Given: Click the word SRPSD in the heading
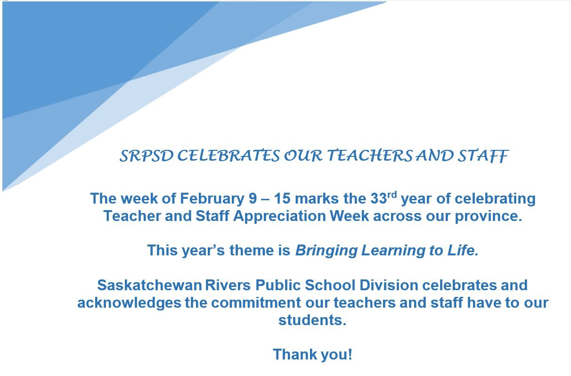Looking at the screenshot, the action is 147,155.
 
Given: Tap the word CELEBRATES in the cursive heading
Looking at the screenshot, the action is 228,155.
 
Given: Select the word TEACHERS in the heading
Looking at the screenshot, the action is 370,155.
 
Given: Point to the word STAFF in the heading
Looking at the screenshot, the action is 483,156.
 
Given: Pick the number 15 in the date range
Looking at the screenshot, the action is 282,198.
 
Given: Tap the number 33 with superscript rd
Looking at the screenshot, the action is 383,198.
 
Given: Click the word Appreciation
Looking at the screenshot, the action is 280,217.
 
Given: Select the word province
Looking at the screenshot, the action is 489,216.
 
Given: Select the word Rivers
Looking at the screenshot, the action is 228,285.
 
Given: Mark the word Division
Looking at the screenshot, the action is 389,285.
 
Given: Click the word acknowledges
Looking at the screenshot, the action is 129,303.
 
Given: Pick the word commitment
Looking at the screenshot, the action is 256,303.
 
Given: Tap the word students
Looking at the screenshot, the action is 312,320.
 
